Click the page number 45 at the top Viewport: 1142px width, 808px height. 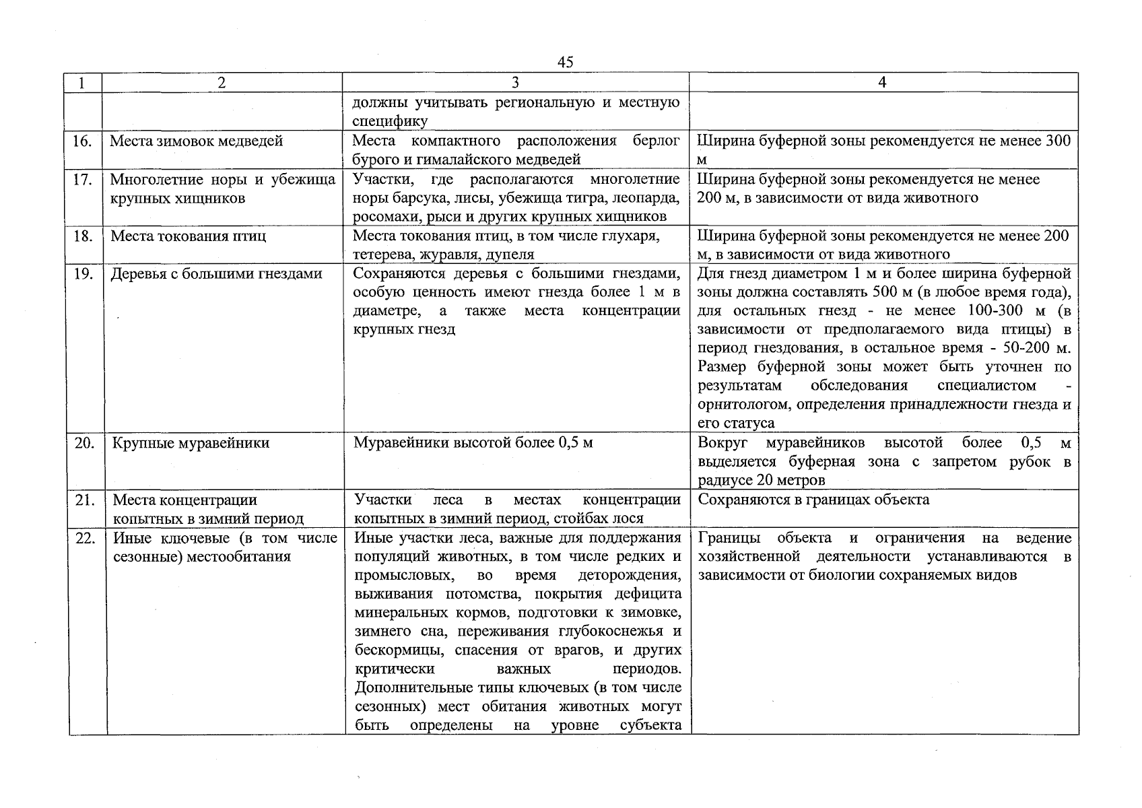tap(566, 62)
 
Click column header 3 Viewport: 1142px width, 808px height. tap(515, 83)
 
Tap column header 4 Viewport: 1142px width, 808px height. tap(882, 83)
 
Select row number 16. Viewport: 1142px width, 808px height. tap(82, 141)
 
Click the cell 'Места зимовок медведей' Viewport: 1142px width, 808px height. tap(196, 141)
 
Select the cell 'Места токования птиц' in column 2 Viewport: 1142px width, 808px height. tap(188, 236)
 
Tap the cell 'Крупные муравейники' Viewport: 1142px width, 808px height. tap(191, 443)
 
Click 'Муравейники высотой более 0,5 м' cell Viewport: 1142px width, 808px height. tap(473, 443)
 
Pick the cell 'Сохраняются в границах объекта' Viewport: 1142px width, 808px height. tap(813, 500)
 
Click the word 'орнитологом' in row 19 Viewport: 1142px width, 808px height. tap(737, 405)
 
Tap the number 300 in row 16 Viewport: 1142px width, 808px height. tap(1057, 141)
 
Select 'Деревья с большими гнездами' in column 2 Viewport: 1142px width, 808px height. tap(216, 274)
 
